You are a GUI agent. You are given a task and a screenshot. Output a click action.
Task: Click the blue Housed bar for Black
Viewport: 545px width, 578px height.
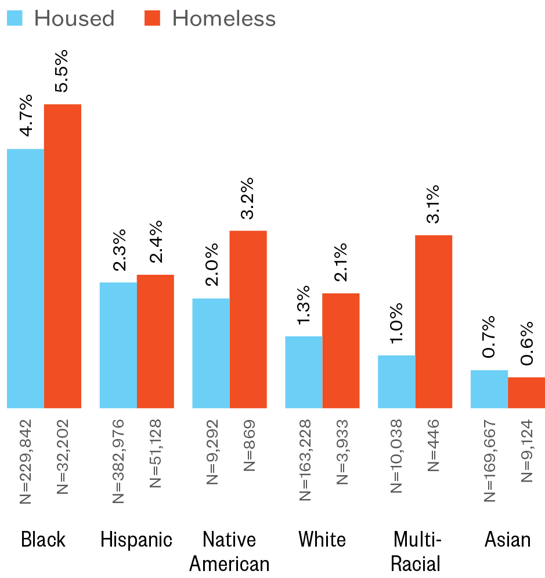[x=26, y=278]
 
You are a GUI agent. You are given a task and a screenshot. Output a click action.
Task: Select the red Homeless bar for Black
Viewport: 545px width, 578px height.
[x=63, y=256]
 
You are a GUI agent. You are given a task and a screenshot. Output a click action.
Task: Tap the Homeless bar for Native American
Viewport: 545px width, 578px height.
[x=248, y=319]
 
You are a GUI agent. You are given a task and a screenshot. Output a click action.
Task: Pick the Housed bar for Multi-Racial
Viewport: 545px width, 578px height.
[x=396, y=382]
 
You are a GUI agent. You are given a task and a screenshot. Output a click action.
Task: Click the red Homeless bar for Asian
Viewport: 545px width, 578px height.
[x=526, y=393]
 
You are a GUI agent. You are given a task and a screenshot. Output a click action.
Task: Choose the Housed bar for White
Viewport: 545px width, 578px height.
[x=304, y=372]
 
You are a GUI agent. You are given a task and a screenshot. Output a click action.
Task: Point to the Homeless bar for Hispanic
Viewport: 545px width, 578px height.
[x=156, y=341]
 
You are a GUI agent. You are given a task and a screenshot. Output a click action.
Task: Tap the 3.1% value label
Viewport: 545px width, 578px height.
[x=432, y=204]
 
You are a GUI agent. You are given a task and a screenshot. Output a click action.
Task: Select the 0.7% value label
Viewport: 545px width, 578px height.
[x=489, y=337]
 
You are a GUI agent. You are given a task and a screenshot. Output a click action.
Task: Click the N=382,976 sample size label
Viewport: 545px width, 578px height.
[x=118, y=461]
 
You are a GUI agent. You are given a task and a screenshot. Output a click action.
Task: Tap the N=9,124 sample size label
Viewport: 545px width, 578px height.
[x=526, y=450]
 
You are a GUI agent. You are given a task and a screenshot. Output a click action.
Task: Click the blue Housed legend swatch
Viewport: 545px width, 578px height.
[x=15, y=18]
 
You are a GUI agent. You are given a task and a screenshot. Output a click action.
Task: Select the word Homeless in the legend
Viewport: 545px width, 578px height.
[x=224, y=19]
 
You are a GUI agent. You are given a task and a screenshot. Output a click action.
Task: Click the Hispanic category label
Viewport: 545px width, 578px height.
[x=136, y=540]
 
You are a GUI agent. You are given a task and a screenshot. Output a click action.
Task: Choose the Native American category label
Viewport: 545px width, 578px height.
[x=229, y=551]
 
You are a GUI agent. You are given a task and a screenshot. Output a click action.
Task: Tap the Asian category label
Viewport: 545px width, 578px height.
[x=507, y=540]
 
